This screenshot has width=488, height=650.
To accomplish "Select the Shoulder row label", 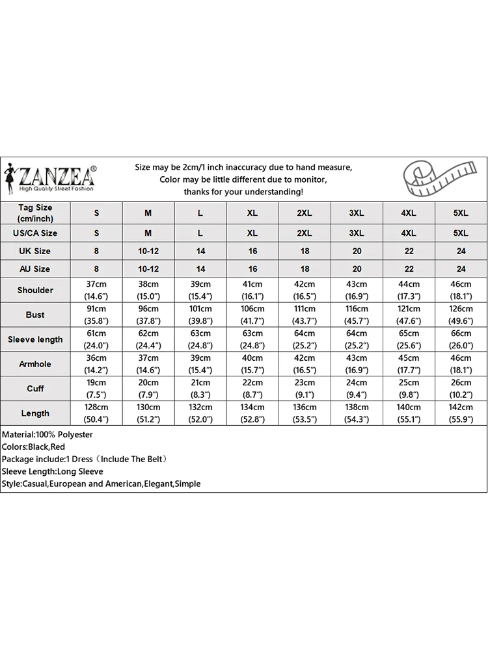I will coord(35,290).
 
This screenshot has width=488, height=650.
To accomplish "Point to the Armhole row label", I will coord(35,364).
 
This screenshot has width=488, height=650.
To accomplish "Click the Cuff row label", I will coord(35,389).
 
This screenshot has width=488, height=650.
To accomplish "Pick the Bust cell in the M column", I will coord(148,315).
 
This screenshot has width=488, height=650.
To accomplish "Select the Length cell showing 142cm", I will coord(461,413).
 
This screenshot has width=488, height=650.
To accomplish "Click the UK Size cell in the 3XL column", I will coord(357,251).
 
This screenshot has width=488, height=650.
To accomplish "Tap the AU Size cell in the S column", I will coord(96,268).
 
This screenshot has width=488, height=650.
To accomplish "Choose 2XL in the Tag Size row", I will coord(305,213).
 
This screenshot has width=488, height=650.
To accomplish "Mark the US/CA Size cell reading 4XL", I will coord(409,233).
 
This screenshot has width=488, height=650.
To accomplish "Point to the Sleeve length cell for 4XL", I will coord(409,339).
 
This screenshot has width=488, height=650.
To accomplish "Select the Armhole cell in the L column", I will coord(200,364).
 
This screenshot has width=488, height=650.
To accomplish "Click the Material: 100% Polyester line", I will coord(47,434).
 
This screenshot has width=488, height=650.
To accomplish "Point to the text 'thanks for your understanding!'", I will coord(243,192).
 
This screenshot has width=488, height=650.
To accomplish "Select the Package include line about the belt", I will coord(85,459).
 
